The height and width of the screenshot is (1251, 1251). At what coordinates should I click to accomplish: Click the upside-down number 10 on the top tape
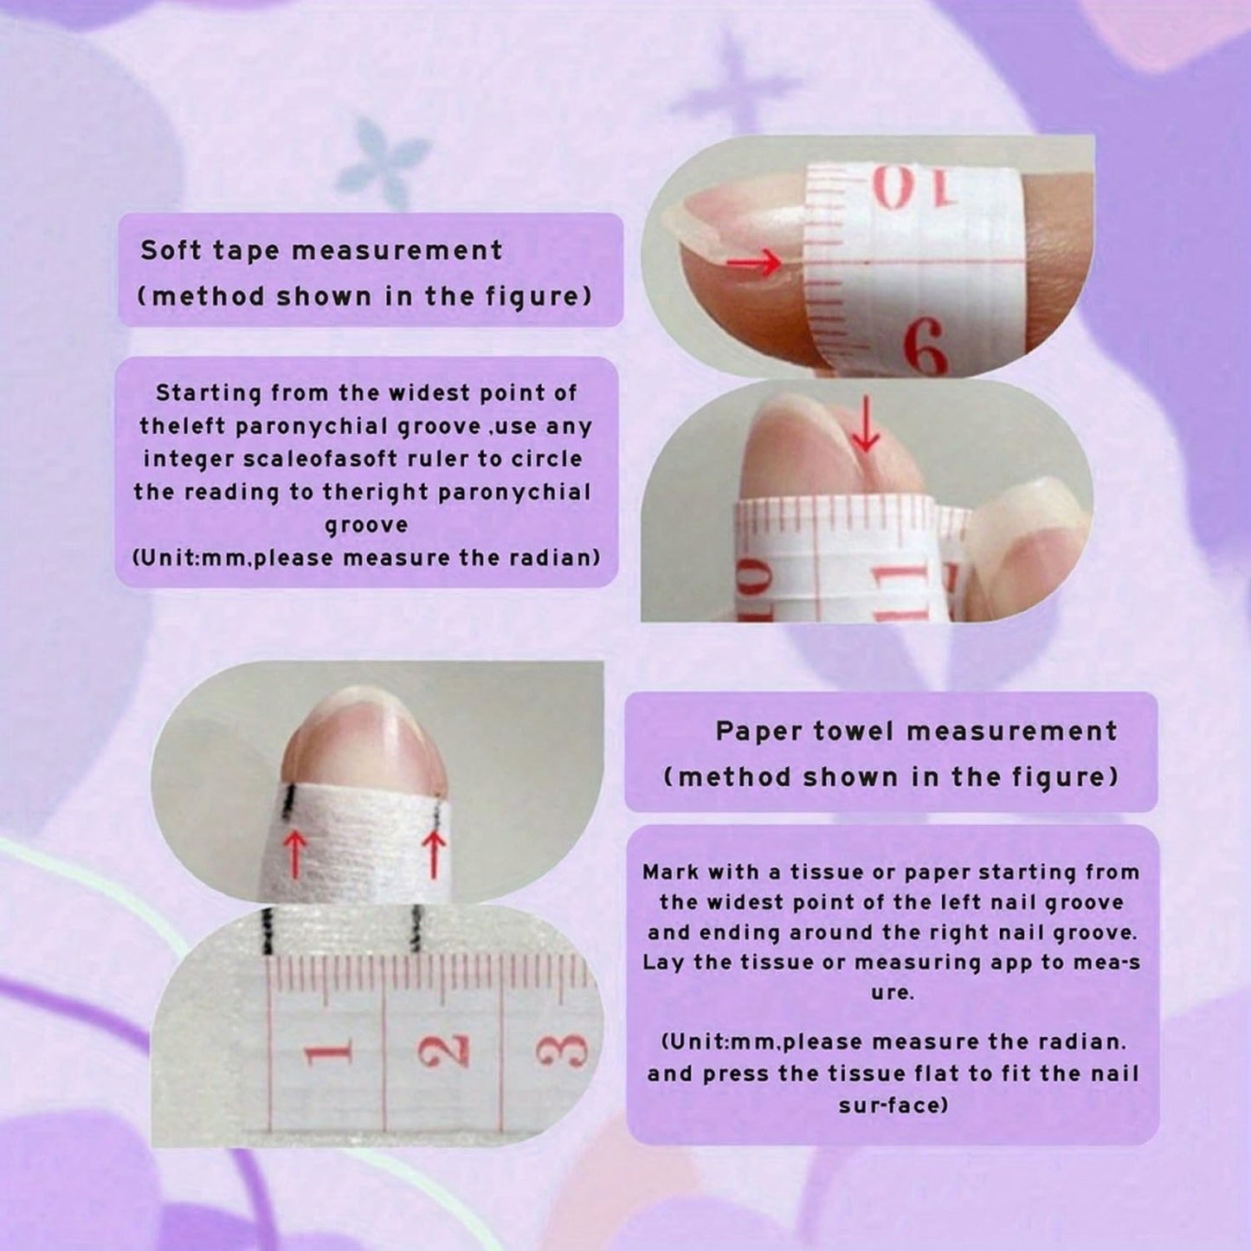899,188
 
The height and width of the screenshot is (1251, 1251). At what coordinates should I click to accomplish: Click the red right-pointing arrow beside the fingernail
753,263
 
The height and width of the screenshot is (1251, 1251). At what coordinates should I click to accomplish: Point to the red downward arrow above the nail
865,425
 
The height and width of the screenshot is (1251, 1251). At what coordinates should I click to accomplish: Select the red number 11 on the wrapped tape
895,590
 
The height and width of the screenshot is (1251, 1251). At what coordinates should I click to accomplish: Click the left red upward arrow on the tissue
295,856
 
